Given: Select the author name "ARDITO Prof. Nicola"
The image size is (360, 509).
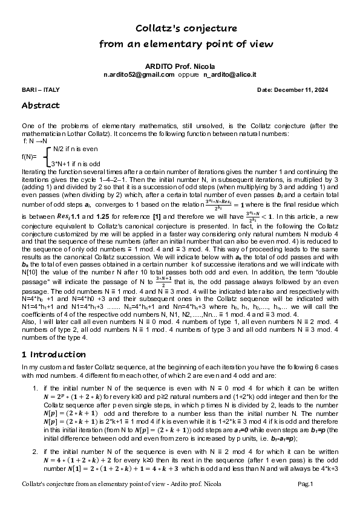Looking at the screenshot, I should coord(180,65).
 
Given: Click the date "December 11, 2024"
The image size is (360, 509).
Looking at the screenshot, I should coord(306,90).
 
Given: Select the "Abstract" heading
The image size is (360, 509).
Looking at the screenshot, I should coord(40,105).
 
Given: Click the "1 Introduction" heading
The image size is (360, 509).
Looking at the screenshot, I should coord(53,354).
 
